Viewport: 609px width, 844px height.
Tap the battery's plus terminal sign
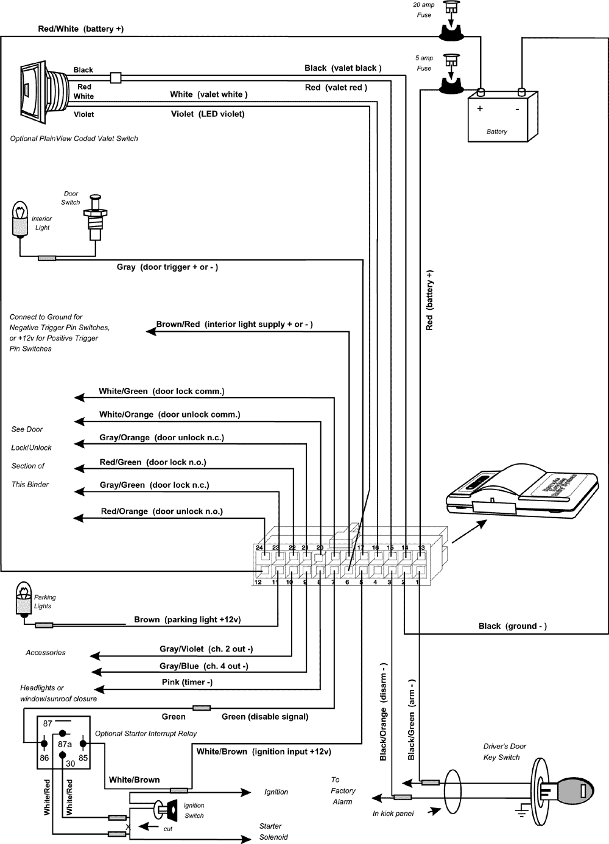pyautogui.click(x=480, y=109)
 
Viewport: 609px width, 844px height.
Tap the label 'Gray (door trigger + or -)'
pyautogui.click(x=167, y=267)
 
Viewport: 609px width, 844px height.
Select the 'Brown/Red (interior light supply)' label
pyautogui.click(x=234, y=325)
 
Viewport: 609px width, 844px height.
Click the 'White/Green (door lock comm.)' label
pyautogui.click(x=161, y=392)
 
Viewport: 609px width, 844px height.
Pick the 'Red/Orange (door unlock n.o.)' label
pyautogui.click(x=161, y=512)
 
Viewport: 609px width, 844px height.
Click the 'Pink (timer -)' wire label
pyautogui.click(x=187, y=682)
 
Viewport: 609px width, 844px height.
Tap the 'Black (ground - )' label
pyautogui.click(x=512, y=626)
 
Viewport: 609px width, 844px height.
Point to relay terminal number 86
pyautogui.click(x=44, y=758)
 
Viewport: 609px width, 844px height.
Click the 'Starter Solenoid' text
pyautogui.click(x=272, y=832)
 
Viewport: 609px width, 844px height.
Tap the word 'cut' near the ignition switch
pyautogui.click(x=168, y=829)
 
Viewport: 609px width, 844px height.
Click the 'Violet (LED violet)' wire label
pyautogui.click(x=207, y=114)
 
